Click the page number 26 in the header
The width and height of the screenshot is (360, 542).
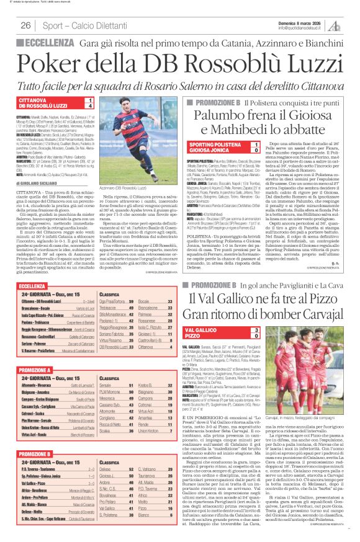tap(25, 25)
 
